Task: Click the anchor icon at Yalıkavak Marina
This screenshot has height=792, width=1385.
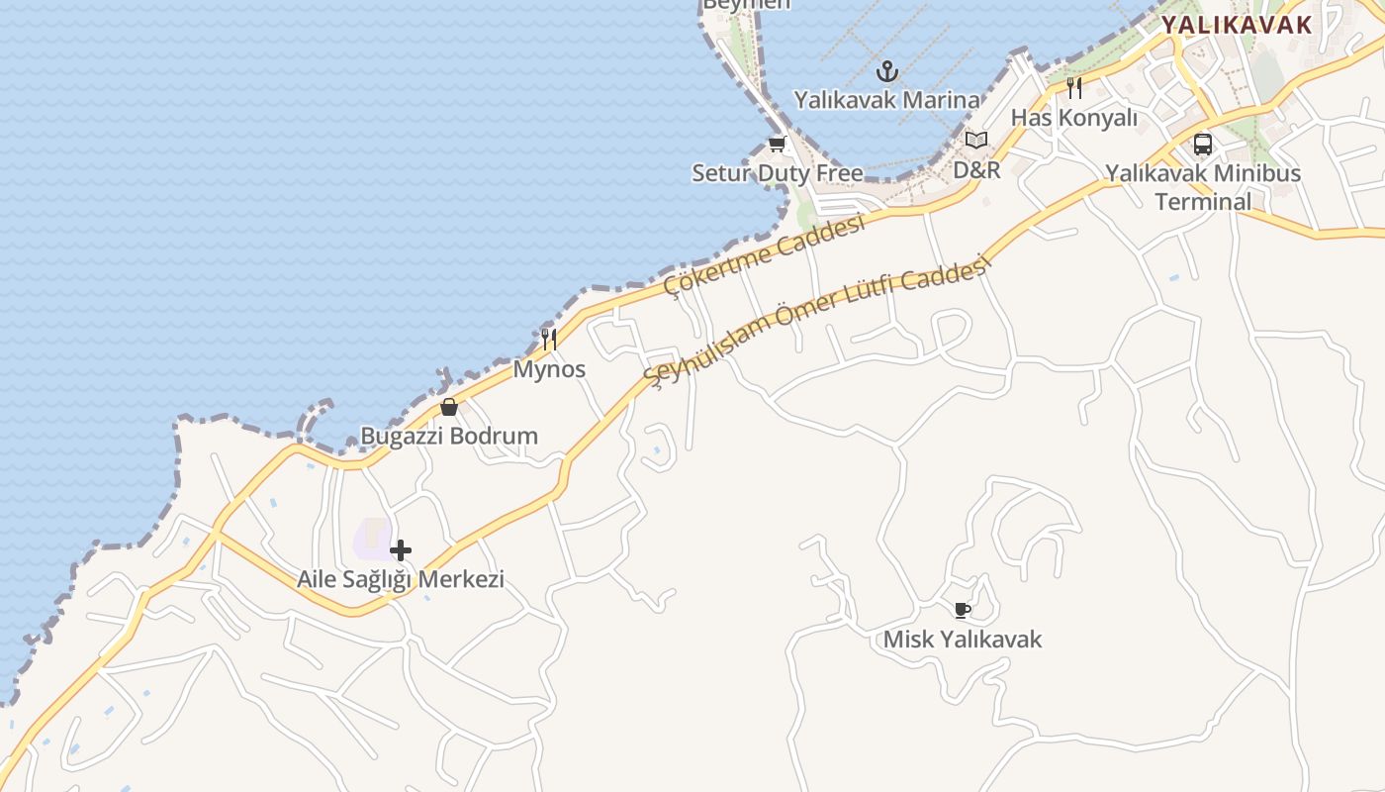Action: pyautogui.click(x=887, y=71)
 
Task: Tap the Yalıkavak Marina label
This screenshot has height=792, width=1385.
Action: pyautogui.click(x=887, y=100)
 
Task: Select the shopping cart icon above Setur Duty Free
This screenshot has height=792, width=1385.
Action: pyautogui.click(x=777, y=145)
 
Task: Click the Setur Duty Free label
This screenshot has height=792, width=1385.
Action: pyautogui.click(x=777, y=173)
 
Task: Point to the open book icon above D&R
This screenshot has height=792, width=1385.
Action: pyautogui.click(x=976, y=141)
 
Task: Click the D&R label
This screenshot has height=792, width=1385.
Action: pyautogui.click(x=976, y=170)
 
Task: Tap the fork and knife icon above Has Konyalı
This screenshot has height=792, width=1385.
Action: pyautogui.click(x=1074, y=88)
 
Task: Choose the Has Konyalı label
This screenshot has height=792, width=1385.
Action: pyautogui.click(x=1074, y=118)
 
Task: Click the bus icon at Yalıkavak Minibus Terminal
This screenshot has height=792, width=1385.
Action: pyautogui.click(x=1203, y=145)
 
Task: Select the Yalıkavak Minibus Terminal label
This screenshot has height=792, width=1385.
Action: pyautogui.click(x=1203, y=187)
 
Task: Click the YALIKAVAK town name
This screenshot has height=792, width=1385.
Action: pyautogui.click(x=1236, y=26)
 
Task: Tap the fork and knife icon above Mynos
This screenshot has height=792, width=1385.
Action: pyautogui.click(x=549, y=340)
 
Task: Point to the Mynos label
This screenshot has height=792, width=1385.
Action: pyautogui.click(x=549, y=369)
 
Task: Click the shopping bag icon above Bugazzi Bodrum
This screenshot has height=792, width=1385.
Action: pyautogui.click(x=449, y=407)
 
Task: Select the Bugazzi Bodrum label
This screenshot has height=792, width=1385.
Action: pyautogui.click(x=449, y=436)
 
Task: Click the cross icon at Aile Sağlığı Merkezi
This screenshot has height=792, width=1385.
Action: pyautogui.click(x=401, y=550)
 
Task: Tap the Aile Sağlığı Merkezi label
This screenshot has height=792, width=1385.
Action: pyautogui.click(x=401, y=579)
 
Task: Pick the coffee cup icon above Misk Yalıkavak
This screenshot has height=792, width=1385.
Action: pyautogui.click(x=963, y=610)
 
